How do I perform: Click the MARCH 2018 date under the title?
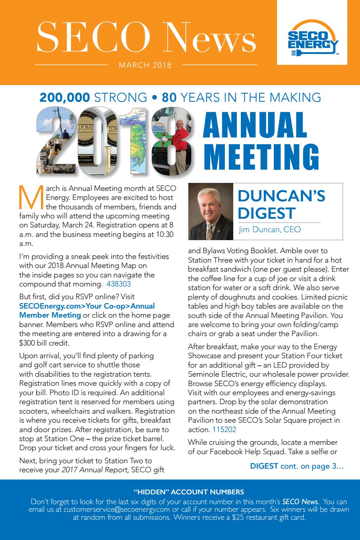[145, 65]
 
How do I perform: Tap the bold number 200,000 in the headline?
[65, 97]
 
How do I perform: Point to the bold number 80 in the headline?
[169, 97]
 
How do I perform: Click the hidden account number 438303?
[118, 284]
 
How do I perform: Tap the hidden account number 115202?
[224, 430]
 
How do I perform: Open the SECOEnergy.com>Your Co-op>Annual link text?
[87, 306]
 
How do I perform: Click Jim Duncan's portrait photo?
[211, 212]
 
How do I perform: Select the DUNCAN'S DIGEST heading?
[281, 204]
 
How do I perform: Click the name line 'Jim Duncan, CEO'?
[269, 229]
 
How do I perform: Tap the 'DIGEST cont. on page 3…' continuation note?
[297, 466]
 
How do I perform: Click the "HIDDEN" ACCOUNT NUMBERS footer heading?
[189, 492]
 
